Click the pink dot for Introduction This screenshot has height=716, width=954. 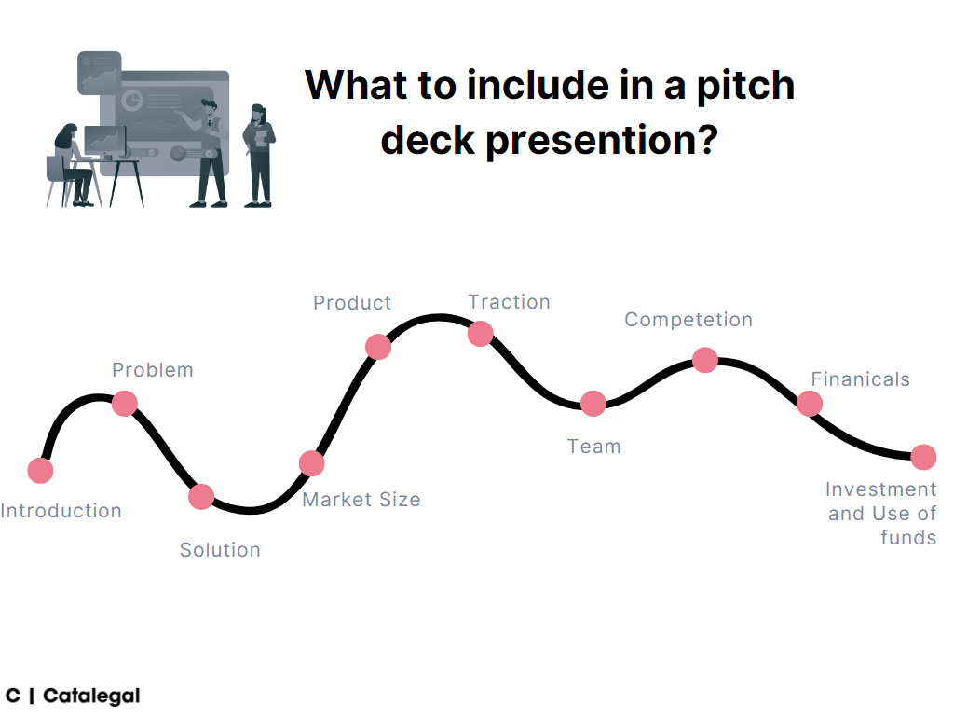[x=40, y=471]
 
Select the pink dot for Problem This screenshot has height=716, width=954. [x=125, y=404]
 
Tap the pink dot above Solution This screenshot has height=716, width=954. [x=201, y=497]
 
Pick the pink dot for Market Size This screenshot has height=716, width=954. [x=312, y=463]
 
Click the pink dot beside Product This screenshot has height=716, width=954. [x=378, y=347]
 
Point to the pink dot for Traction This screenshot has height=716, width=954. [x=480, y=333]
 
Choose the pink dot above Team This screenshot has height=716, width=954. [x=593, y=404]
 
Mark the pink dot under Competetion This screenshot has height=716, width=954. [x=705, y=360]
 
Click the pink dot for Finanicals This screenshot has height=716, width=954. [x=810, y=404]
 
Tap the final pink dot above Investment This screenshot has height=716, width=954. [x=923, y=457]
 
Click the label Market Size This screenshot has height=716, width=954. [x=361, y=500]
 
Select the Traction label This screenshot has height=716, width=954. [x=509, y=302]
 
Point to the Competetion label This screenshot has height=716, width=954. [x=688, y=320]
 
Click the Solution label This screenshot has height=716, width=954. [x=220, y=550]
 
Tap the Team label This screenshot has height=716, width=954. [x=593, y=447]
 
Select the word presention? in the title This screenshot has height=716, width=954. [x=601, y=140]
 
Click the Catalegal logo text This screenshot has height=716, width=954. [x=91, y=695]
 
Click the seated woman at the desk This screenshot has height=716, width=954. [x=73, y=163]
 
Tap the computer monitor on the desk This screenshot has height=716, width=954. [x=104, y=140]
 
